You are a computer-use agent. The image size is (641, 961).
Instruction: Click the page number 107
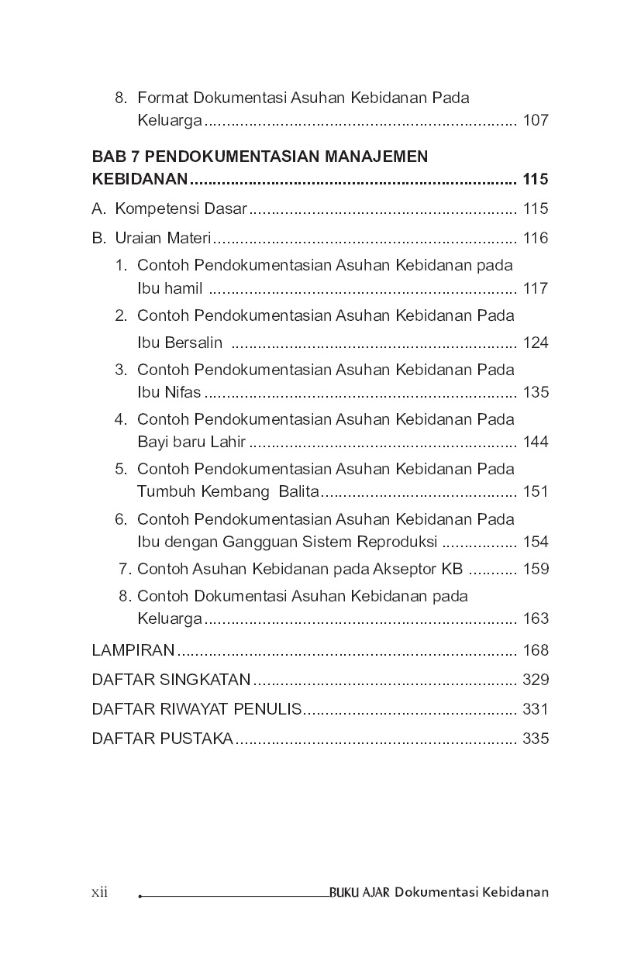click(x=536, y=121)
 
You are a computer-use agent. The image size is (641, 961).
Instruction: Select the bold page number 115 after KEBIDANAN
click(x=536, y=180)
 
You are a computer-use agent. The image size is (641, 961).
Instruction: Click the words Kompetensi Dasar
click(x=180, y=208)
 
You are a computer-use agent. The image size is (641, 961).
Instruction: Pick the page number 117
click(x=536, y=288)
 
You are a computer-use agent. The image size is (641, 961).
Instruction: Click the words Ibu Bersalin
click(x=180, y=343)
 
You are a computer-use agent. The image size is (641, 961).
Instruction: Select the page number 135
click(x=536, y=392)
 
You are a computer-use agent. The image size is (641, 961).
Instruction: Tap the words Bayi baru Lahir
click(x=191, y=442)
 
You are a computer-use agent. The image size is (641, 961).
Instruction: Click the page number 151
click(x=536, y=491)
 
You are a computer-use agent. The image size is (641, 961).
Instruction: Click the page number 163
click(x=536, y=618)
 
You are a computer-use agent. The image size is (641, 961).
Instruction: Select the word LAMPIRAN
click(x=133, y=649)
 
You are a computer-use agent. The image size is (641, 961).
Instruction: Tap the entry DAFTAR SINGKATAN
click(x=171, y=680)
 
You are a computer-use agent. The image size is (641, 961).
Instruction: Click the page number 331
click(x=536, y=709)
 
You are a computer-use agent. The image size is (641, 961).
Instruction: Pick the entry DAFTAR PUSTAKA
click(x=162, y=739)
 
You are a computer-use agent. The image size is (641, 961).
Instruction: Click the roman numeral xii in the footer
click(x=99, y=892)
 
